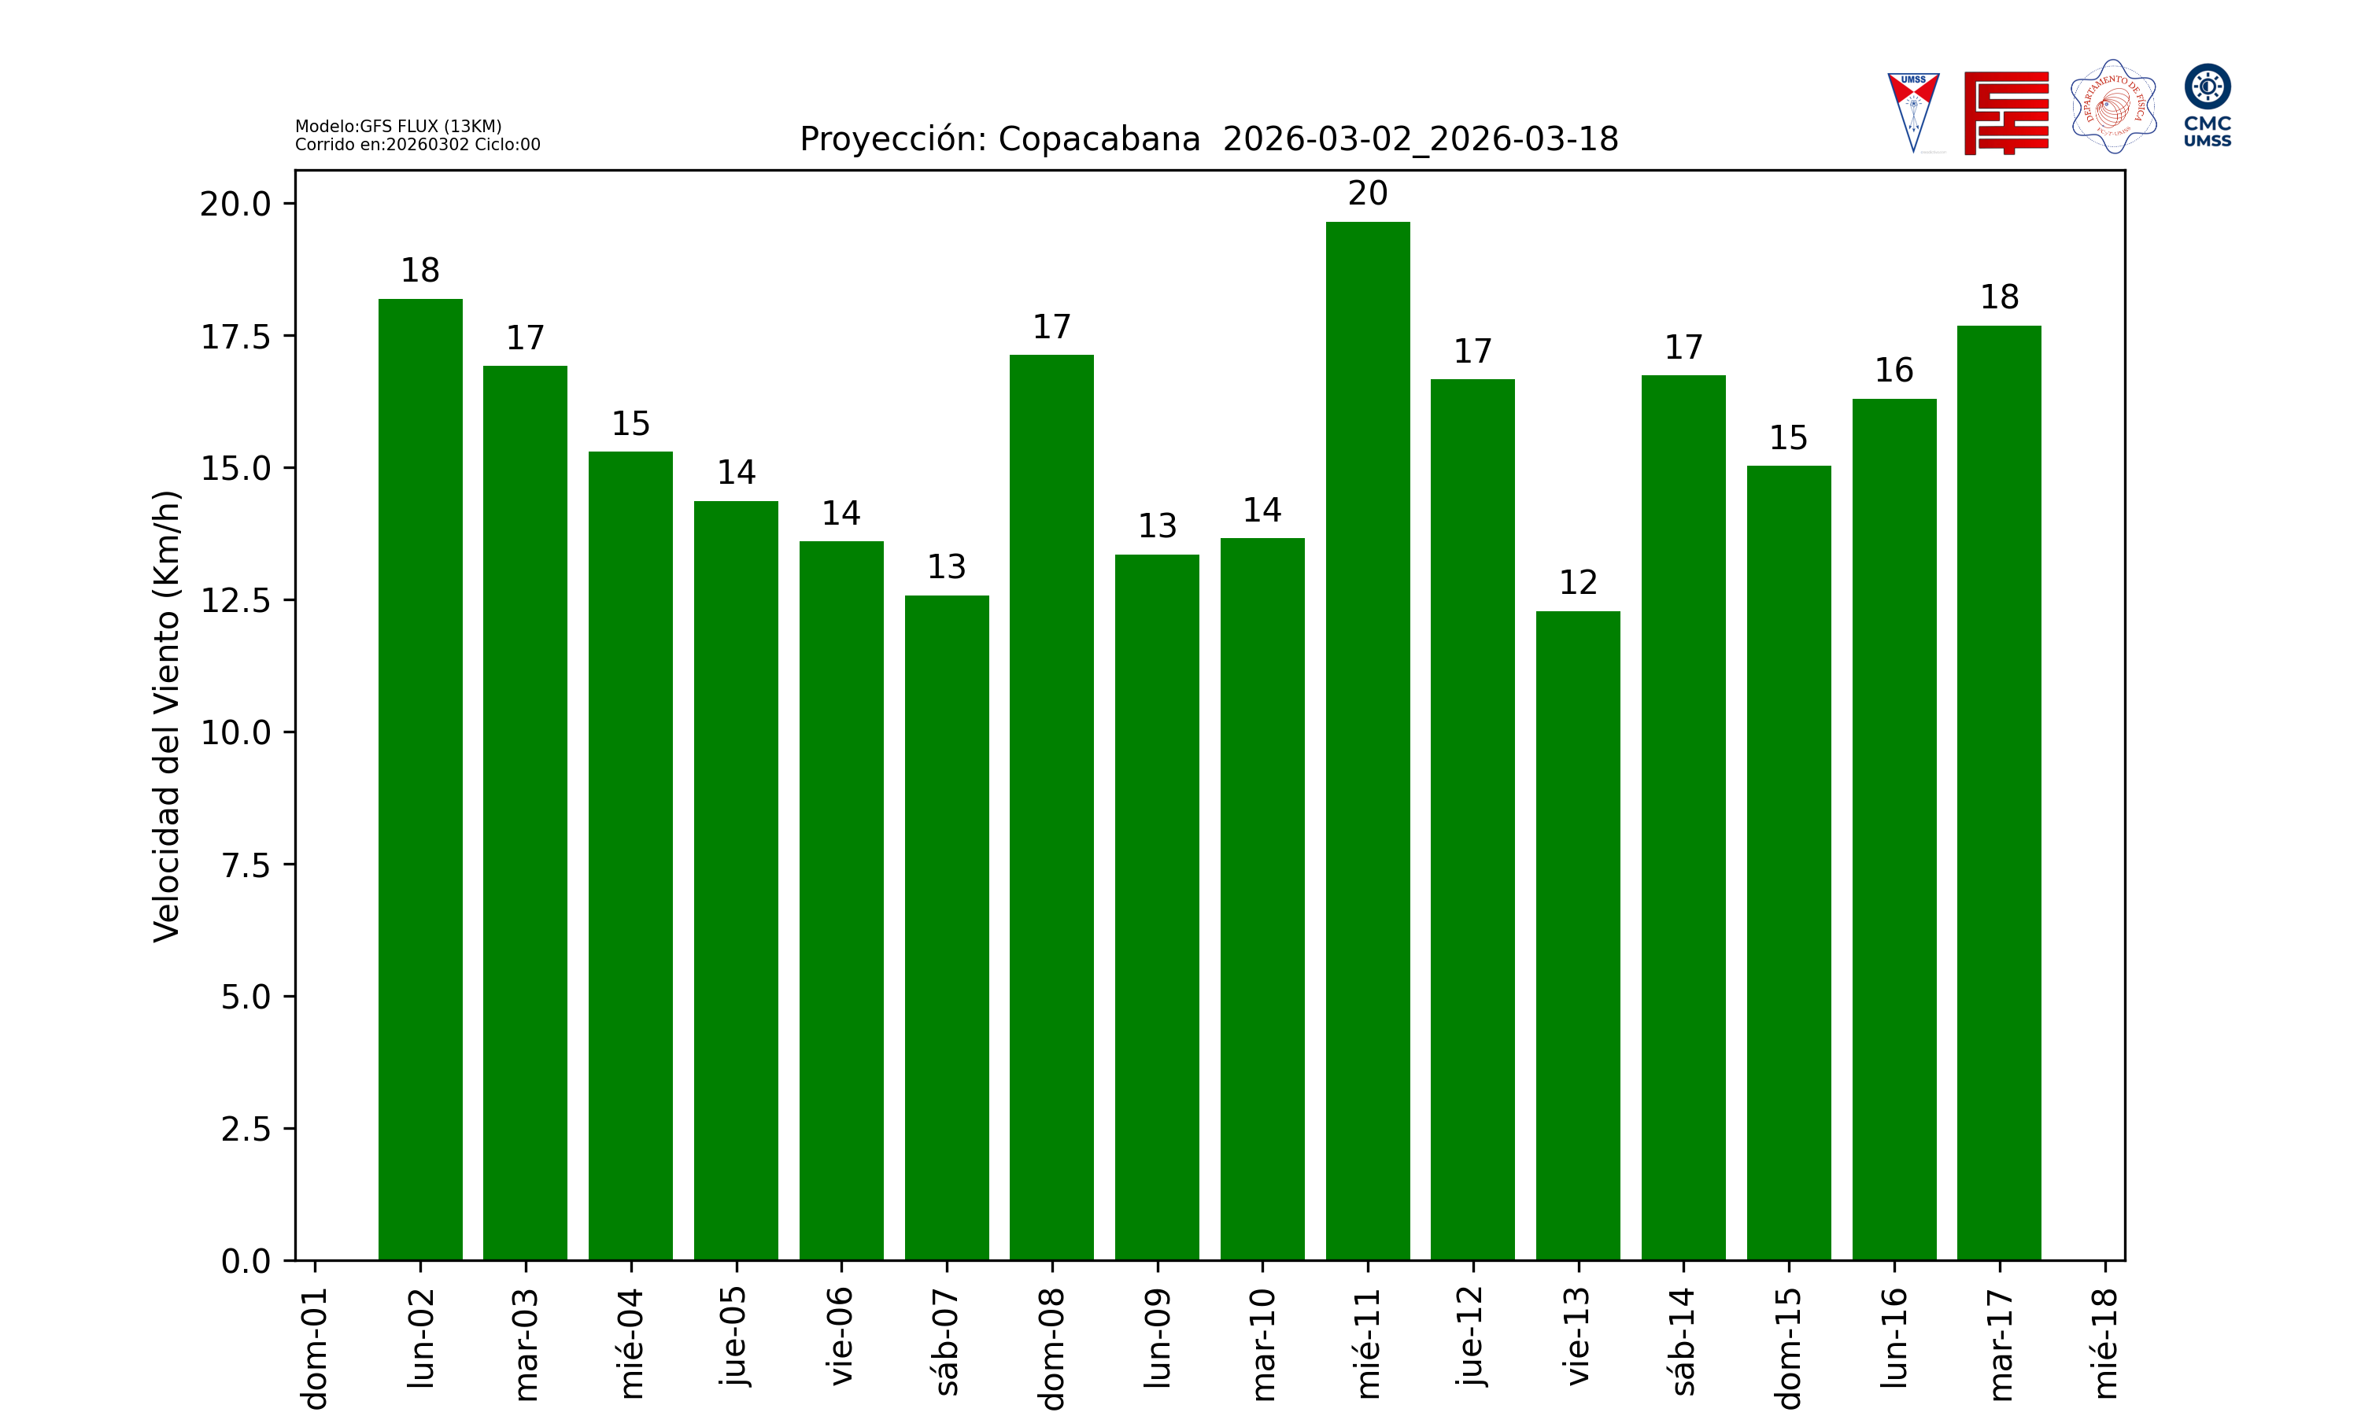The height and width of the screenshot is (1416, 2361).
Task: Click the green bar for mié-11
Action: (1368, 740)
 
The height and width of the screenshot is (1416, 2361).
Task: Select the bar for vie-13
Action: (1577, 935)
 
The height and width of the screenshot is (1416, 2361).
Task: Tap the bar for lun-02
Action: (420, 779)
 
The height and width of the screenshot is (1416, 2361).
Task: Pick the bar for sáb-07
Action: (947, 927)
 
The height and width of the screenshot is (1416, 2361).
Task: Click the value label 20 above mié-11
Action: (1368, 194)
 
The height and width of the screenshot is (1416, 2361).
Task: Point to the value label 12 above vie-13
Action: (1577, 582)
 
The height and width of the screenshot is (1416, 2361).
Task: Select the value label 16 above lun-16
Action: (1894, 371)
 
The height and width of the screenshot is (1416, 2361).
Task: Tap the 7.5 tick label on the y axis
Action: (246, 865)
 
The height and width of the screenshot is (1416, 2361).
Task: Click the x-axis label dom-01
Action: (315, 1348)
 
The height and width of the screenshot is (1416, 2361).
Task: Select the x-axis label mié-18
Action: (2104, 1344)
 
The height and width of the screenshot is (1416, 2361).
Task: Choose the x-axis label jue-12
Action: (1472, 1336)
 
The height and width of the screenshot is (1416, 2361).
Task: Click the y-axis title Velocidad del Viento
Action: (166, 716)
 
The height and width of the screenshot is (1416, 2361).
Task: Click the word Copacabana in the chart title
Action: (1099, 139)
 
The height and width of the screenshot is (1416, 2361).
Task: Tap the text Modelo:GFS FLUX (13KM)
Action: (398, 126)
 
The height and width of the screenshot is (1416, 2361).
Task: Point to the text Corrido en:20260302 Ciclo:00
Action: (417, 145)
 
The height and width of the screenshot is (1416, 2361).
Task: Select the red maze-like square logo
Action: (2006, 112)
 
